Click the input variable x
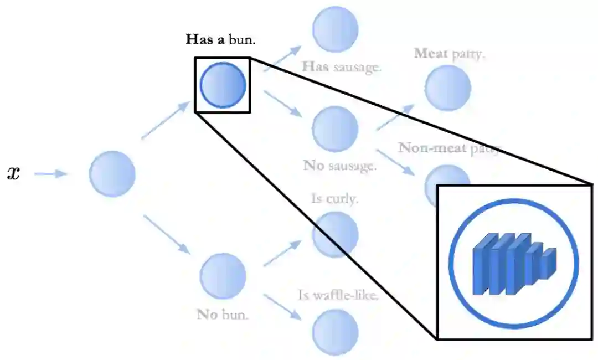13,174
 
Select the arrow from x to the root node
50,174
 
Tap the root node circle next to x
112,174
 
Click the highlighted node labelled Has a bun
223,85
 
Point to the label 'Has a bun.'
224,40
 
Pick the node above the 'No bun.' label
223,276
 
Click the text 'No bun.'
223,315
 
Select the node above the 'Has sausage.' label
335,29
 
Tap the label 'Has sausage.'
341,67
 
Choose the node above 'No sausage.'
335,129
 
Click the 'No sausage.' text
340,165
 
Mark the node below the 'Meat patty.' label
447,88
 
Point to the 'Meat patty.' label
450,54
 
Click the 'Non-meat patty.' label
449,148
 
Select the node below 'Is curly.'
334,235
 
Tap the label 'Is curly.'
334,198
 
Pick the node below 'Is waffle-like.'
335,332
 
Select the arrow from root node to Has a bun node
166,121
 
